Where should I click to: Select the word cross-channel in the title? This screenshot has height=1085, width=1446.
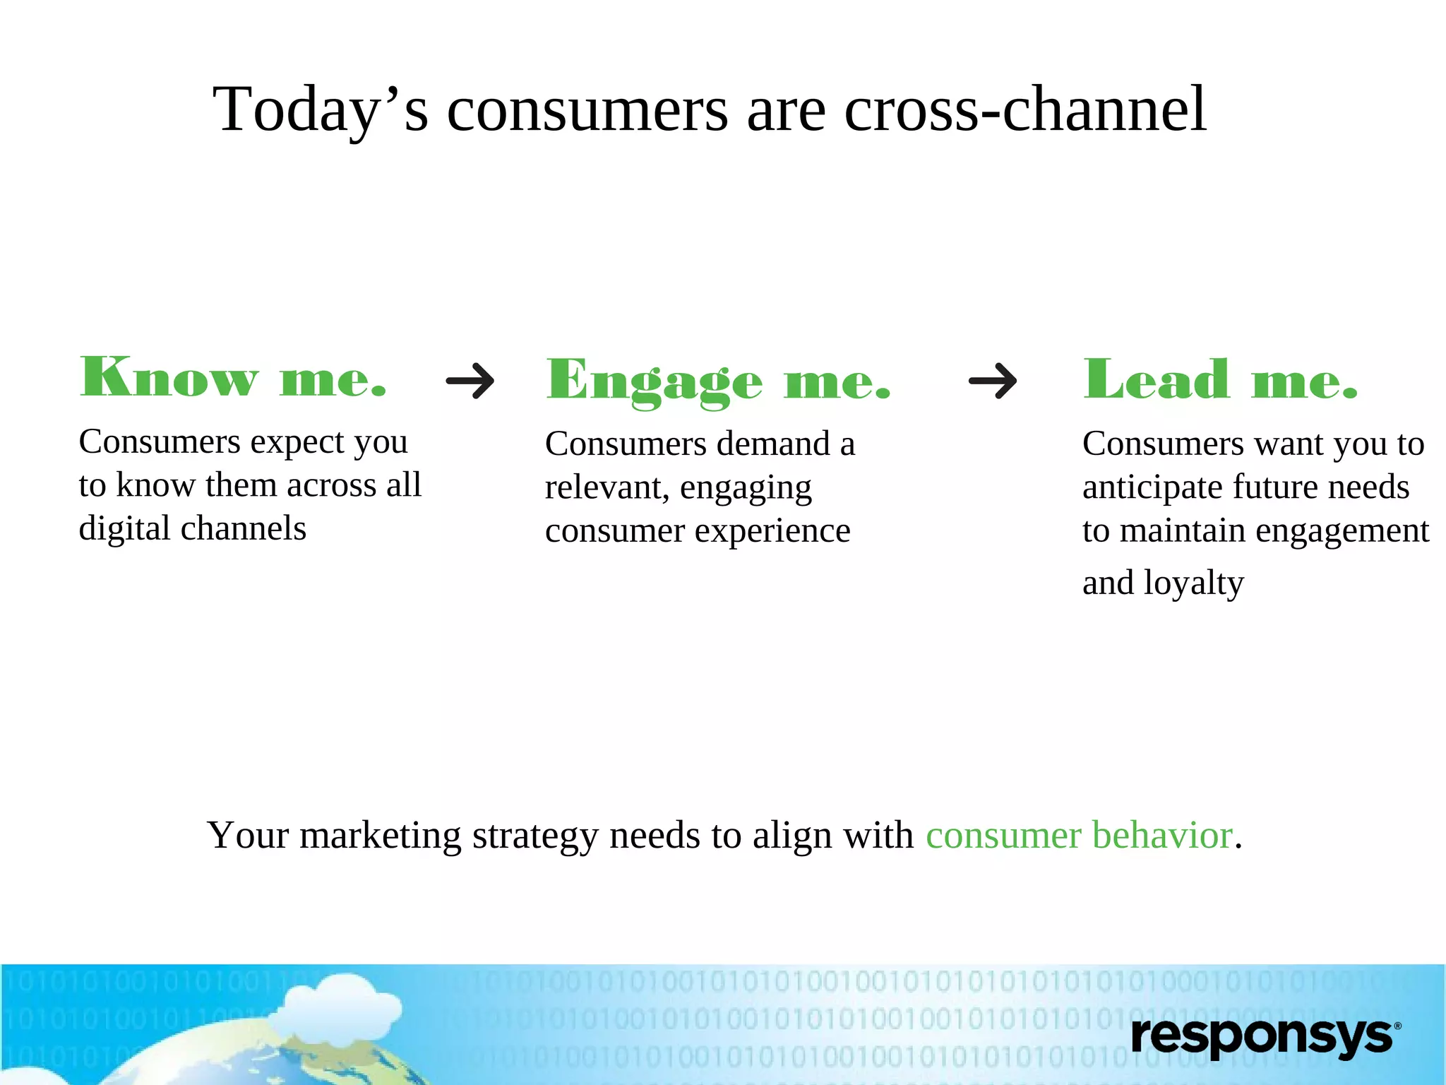click(1024, 109)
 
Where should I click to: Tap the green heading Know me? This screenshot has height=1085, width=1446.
click(233, 378)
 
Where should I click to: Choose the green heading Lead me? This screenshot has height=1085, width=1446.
click(1219, 379)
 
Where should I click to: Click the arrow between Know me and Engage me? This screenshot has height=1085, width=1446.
click(470, 381)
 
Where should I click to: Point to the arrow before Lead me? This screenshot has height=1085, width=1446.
click(993, 381)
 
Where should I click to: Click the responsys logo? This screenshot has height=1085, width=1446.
click(1264, 1037)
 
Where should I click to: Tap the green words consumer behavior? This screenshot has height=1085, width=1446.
click(1079, 836)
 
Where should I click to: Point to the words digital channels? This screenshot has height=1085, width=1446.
click(192, 529)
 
